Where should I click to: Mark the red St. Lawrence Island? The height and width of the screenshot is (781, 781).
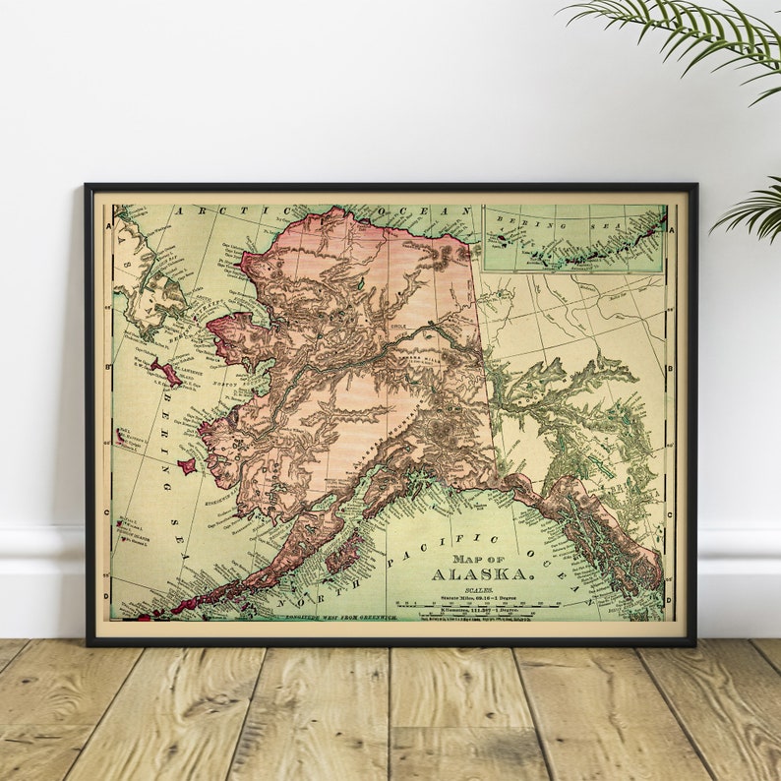(x=165, y=373)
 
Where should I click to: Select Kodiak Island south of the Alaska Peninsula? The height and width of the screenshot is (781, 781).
(x=342, y=557)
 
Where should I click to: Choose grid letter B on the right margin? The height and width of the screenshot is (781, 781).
(x=671, y=370)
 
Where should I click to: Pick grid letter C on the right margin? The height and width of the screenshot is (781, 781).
(x=671, y=512)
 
